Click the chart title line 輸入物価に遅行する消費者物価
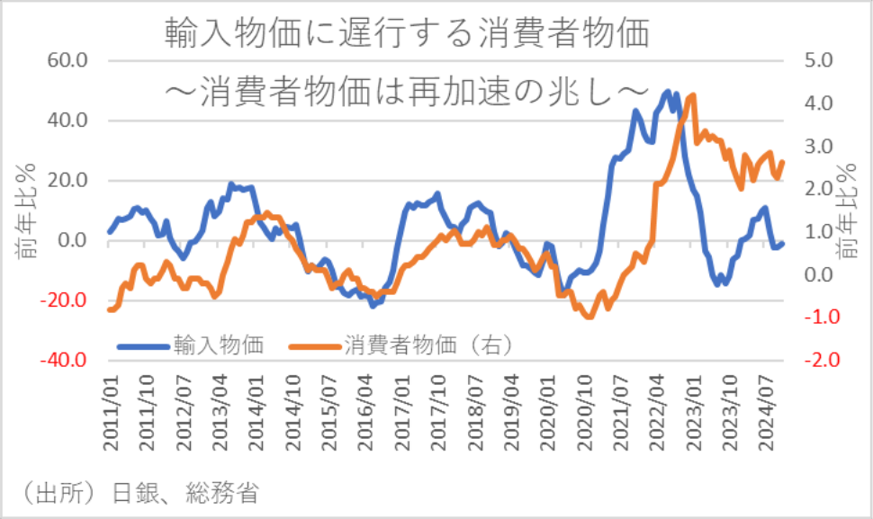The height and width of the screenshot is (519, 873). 407,33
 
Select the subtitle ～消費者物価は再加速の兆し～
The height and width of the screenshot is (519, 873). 407,91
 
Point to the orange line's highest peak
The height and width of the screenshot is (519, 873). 692,95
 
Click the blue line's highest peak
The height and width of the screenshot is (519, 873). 667,91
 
